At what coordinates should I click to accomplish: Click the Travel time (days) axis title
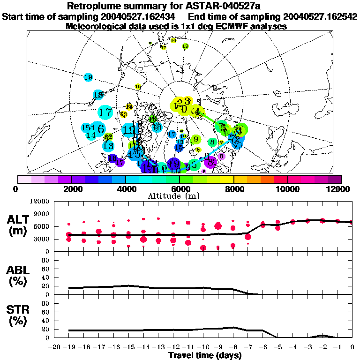(x=204, y=355)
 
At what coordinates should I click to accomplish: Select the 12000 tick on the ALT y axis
(x=39, y=202)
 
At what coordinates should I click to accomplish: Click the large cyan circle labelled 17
(x=106, y=112)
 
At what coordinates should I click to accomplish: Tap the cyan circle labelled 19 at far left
(x=88, y=77)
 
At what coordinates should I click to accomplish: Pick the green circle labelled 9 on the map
(x=195, y=139)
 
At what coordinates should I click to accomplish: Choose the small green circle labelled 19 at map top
(x=185, y=46)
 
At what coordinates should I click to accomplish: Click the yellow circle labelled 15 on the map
(x=138, y=87)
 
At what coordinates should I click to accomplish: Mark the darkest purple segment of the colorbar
(x=334, y=179)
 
